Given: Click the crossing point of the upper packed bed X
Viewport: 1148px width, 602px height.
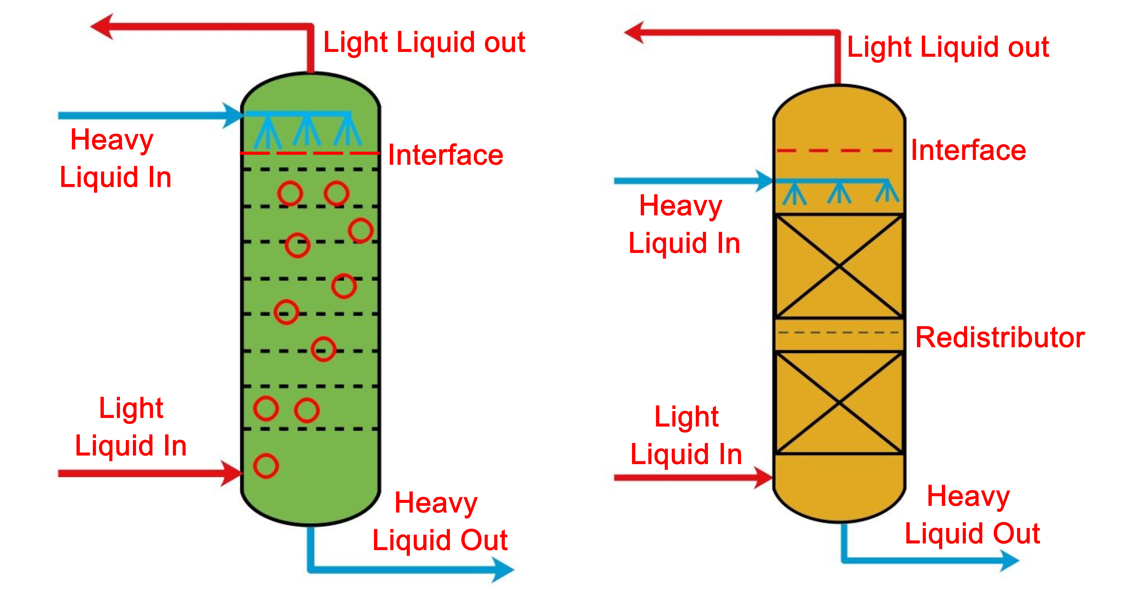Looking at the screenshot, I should tap(839, 266).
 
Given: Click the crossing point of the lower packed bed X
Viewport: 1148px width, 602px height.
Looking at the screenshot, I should tap(839, 403).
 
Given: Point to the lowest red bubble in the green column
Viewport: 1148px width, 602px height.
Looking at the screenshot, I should tap(266, 466).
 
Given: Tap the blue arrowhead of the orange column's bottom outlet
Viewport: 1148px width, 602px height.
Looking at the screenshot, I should tap(1009, 560).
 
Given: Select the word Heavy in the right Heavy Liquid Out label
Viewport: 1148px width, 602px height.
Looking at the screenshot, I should tap(968, 497).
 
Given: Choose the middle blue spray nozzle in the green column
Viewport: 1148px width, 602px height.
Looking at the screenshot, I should tap(307, 131).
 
